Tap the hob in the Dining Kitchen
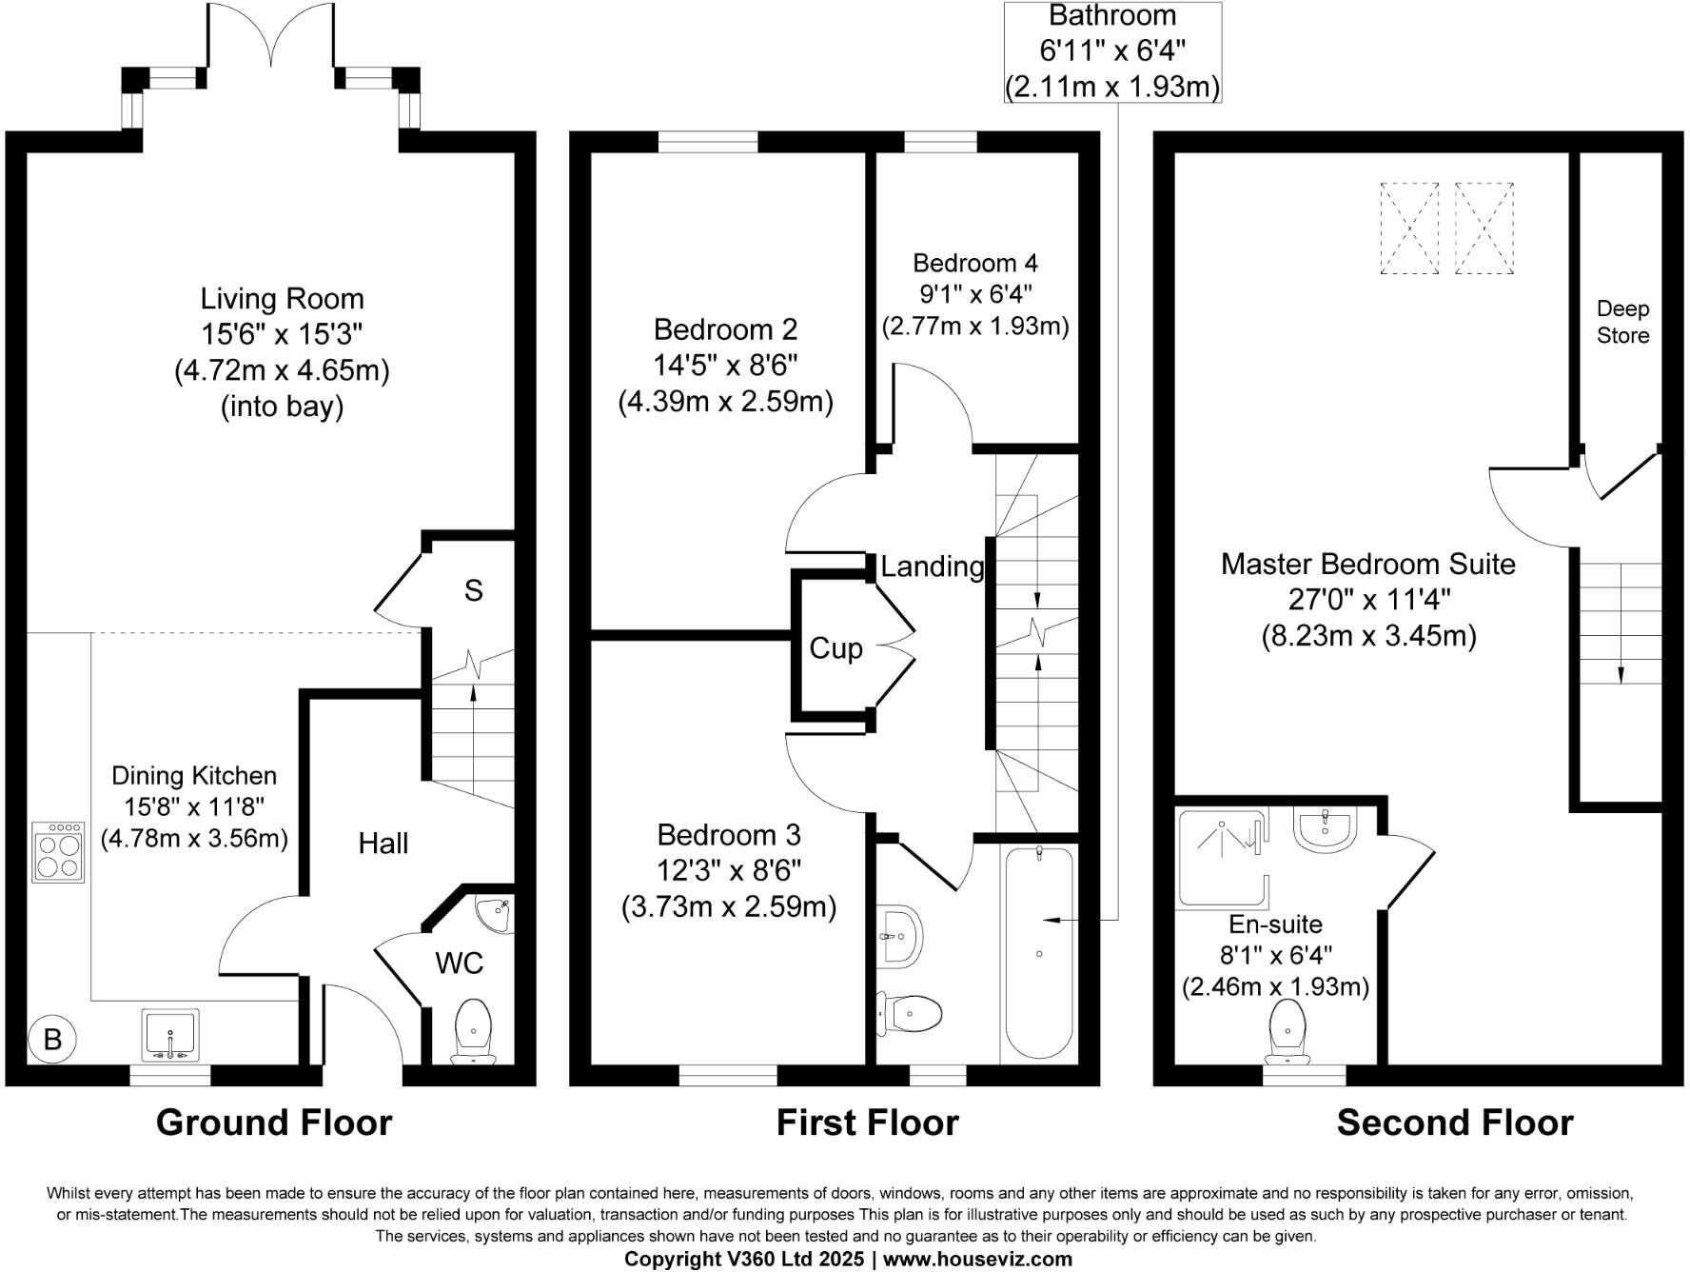point(59,851)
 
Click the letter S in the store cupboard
point(473,591)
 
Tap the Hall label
point(383,844)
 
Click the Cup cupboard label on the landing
point(835,648)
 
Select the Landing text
point(932,566)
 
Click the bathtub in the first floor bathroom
point(1039,952)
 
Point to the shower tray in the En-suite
point(1223,857)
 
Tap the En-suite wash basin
point(1324,827)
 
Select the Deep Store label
point(1622,322)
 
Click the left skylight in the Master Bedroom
point(1409,229)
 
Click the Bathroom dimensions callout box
point(1112,51)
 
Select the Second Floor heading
point(1454,1123)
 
